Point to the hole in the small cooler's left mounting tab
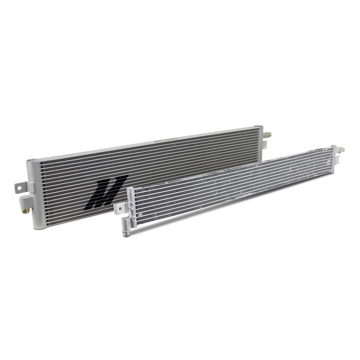[118, 207]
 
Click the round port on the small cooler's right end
[339, 149]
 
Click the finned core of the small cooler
[231, 185]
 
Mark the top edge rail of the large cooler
[144, 142]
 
